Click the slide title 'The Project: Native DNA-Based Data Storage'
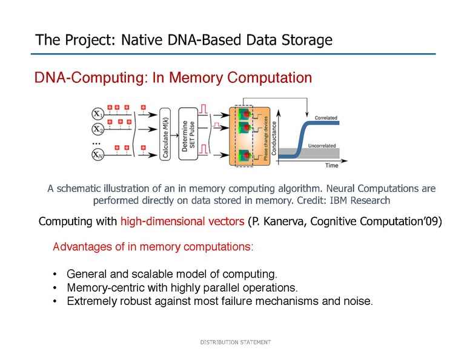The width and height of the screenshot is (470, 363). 184,41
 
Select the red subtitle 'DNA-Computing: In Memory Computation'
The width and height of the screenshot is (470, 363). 173,78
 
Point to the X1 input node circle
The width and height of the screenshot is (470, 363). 97,114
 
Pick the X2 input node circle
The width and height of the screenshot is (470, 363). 97,129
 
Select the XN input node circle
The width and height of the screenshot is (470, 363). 97,155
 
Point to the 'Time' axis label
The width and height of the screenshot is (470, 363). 332,165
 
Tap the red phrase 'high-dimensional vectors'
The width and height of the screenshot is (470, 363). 183,222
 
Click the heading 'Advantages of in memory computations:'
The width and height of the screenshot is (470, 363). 153,247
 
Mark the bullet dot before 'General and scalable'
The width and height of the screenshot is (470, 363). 56,273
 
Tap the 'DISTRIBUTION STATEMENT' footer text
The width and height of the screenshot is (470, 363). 236,342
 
